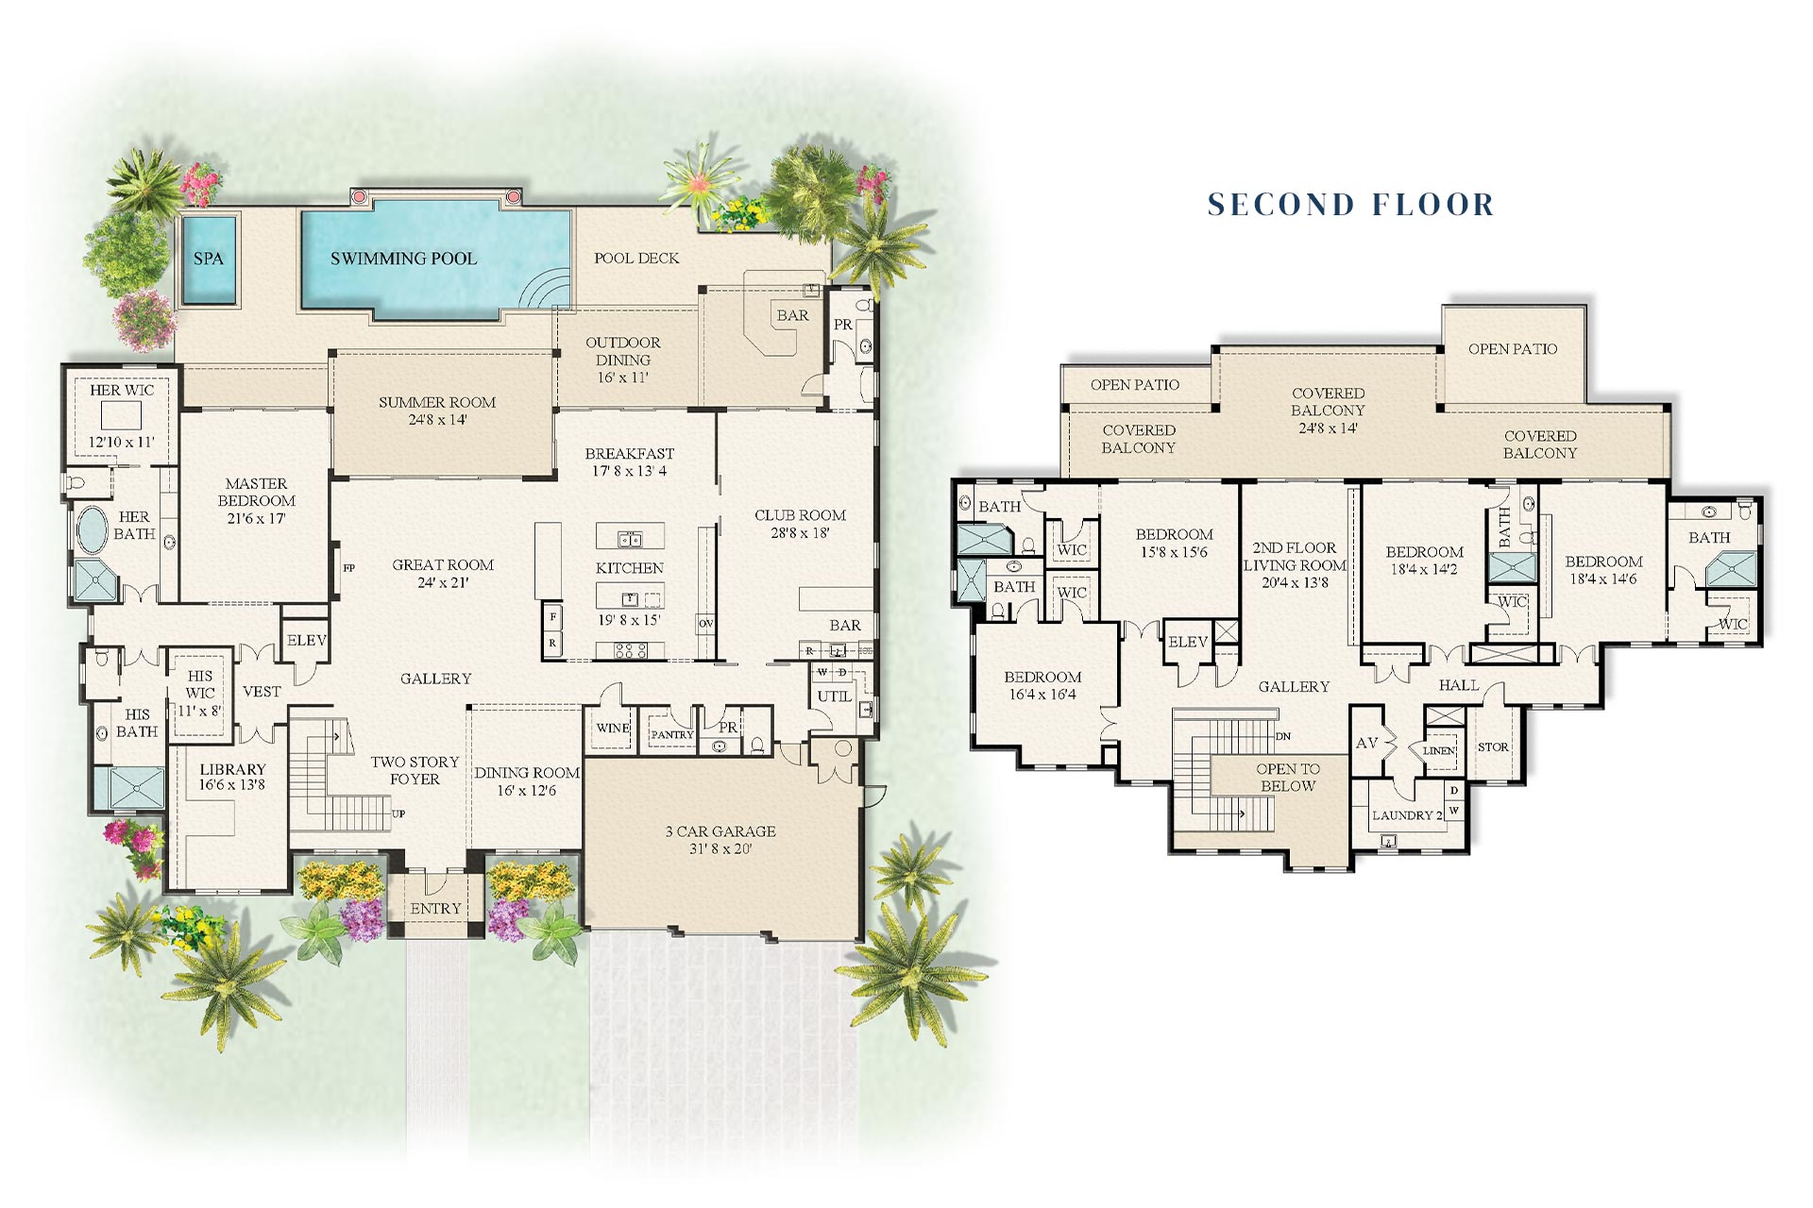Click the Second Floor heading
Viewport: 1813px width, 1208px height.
[1351, 205]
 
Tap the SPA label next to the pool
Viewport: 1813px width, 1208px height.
[209, 259]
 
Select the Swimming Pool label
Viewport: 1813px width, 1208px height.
[403, 259]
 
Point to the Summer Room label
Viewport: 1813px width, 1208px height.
[437, 402]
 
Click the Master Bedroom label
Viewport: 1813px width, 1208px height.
[257, 492]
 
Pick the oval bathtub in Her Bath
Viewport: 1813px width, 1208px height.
[93, 530]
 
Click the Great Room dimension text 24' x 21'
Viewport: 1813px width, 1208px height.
[443, 583]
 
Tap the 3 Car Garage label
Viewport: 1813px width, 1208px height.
[720, 831]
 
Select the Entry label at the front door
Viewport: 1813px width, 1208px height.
[435, 909]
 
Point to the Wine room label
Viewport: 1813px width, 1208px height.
[613, 728]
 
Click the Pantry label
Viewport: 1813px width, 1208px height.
[672, 734]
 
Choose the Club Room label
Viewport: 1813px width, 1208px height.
[800, 515]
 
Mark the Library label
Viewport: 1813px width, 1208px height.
[232, 769]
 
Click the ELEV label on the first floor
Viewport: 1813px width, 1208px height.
[307, 640]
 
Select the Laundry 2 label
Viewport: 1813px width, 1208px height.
[1407, 815]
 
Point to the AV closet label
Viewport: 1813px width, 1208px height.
[1366, 743]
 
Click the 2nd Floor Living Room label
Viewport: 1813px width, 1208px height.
[1295, 557]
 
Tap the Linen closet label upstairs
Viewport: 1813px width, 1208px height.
[1439, 751]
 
